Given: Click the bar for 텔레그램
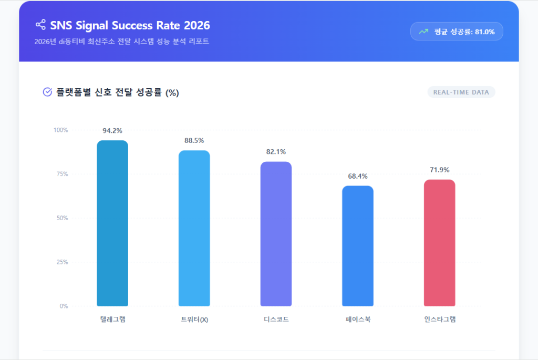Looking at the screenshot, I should tap(112, 223).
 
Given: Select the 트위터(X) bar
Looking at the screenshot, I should tap(194, 228).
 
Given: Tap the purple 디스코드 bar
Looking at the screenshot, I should tap(276, 233).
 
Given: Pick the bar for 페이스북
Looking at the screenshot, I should tap(358, 245).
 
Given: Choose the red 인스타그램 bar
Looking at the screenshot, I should tap(439, 242).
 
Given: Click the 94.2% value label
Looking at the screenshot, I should tap(112, 131).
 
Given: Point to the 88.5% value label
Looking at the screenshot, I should tap(194, 141).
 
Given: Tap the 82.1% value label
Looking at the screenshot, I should tap(276, 152).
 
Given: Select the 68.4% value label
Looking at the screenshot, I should tap(358, 176).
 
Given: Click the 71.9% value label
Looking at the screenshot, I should tap(439, 170).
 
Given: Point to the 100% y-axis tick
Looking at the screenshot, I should tap(61, 130).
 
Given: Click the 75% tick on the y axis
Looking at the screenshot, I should tap(63, 174).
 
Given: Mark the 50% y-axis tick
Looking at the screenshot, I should tap(63, 218).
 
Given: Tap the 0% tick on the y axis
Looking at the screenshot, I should tap(64, 306).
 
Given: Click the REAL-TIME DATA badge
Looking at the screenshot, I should tap(461, 92).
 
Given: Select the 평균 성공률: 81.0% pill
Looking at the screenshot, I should tap(457, 32).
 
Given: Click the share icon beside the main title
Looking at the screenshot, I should tap(40, 25).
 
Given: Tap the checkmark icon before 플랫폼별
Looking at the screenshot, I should tap(47, 92).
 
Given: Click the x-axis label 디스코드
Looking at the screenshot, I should tap(276, 319).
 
